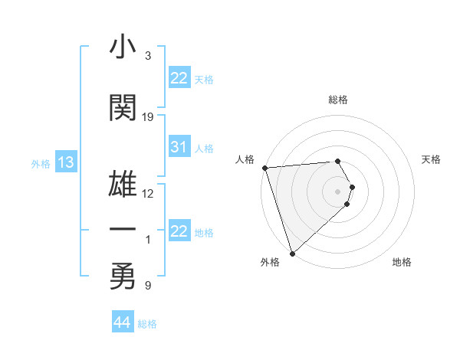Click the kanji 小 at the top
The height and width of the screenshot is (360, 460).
pyautogui.click(x=123, y=48)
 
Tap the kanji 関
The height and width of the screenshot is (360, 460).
pyautogui.click(x=123, y=108)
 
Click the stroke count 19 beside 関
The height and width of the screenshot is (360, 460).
pyautogui.click(x=148, y=117)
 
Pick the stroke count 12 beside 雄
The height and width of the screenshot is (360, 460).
pyautogui.click(x=148, y=194)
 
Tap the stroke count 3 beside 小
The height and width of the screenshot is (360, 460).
pyautogui.click(x=148, y=56)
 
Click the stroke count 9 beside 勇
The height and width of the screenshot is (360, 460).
pyautogui.click(x=148, y=286)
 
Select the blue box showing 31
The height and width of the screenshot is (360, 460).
pyautogui.click(x=179, y=148)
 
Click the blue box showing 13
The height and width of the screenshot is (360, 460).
pyautogui.click(x=65, y=162)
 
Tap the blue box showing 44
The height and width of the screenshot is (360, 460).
pyautogui.click(x=122, y=322)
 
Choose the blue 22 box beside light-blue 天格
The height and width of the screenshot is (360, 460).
pyautogui.click(x=179, y=78)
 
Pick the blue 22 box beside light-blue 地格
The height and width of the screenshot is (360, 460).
pyautogui.click(x=179, y=231)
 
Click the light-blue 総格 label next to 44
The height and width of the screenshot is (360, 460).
pyautogui.click(x=147, y=324)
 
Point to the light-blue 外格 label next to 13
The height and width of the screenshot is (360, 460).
pyautogui.click(x=41, y=164)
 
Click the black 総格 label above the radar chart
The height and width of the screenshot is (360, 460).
pyautogui.click(x=338, y=100)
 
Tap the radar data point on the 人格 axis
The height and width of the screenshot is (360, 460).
pyautogui.click(x=264, y=168)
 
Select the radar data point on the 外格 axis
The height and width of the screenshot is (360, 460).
pyautogui.click(x=291, y=253)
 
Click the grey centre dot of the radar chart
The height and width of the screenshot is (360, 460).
pyautogui.click(x=338, y=191)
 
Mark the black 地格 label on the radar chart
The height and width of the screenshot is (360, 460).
pyautogui.click(x=402, y=262)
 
